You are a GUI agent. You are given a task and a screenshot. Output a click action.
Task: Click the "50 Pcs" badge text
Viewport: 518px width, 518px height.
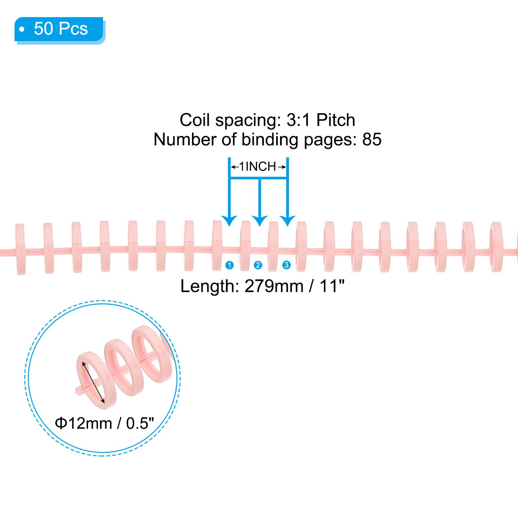(61, 28)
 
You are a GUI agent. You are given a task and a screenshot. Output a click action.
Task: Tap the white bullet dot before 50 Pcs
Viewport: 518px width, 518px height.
(22, 29)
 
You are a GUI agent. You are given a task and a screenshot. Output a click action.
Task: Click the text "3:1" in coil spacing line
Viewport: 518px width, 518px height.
(298, 120)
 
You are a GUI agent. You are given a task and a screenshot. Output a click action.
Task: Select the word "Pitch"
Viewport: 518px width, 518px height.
(336, 120)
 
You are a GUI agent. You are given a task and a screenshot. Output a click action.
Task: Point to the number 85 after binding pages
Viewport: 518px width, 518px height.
(372, 140)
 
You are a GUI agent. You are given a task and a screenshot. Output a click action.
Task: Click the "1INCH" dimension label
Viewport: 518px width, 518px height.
(258, 167)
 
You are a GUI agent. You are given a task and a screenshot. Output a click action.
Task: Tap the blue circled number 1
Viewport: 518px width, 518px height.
(230, 265)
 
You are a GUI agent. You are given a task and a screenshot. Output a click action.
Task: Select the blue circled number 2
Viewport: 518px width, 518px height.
(258, 265)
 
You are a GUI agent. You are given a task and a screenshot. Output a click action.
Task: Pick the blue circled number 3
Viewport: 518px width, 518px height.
(286, 265)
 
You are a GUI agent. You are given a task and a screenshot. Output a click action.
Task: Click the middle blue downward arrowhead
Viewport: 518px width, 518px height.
(259, 221)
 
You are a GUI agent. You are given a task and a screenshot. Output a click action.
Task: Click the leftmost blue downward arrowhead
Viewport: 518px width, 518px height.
(230, 221)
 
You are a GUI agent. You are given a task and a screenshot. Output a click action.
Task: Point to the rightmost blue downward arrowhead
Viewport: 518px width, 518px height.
(287, 221)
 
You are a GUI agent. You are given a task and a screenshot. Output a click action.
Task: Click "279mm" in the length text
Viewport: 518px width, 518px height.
(274, 286)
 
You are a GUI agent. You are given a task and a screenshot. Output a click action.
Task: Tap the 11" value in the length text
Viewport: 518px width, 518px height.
(332, 286)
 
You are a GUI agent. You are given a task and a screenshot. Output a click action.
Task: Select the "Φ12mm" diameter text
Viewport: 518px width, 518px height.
(84, 423)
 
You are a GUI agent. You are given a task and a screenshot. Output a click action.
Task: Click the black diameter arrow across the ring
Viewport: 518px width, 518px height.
(93, 383)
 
